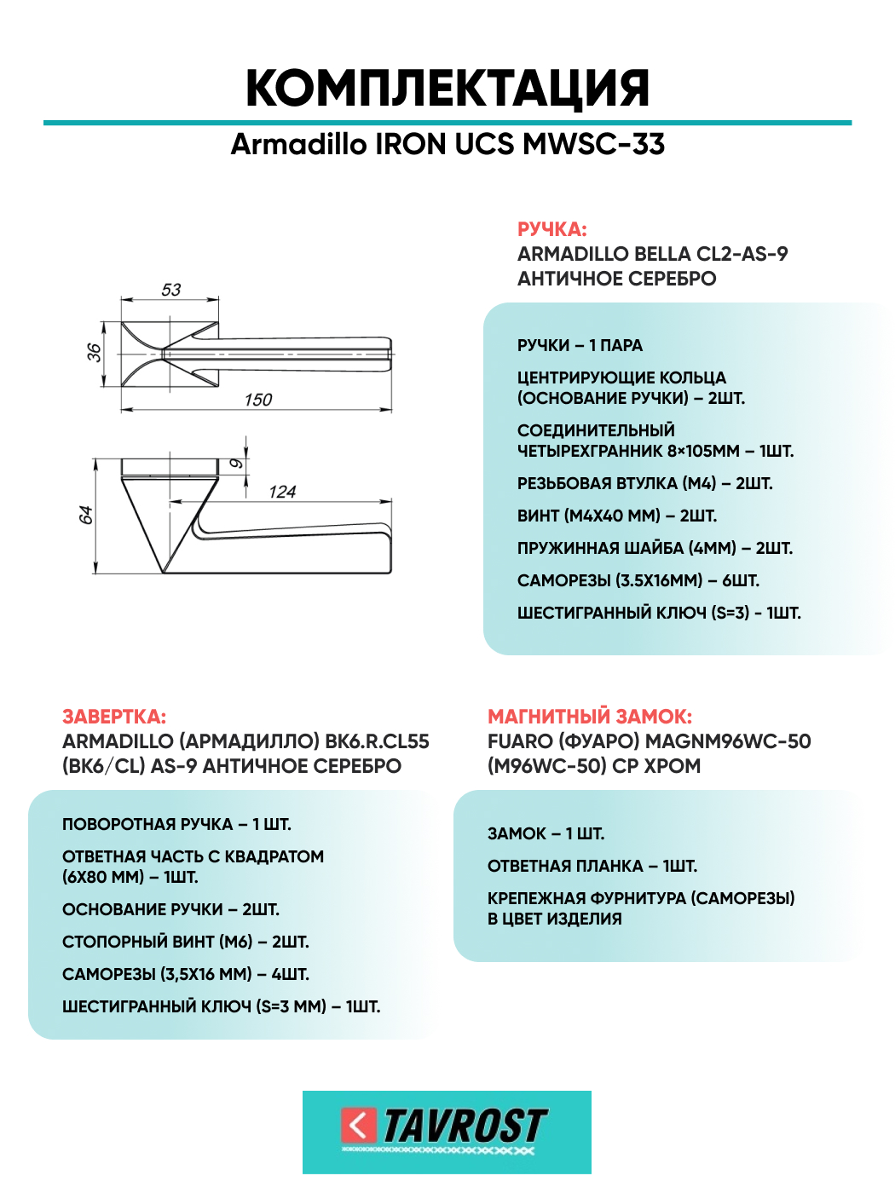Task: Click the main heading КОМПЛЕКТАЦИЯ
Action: pyautogui.click(x=447, y=88)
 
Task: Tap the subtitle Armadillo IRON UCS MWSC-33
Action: pyautogui.click(x=447, y=144)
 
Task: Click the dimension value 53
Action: pyautogui.click(x=171, y=290)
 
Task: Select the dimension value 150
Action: pyautogui.click(x=257, y=400)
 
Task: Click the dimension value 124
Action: pyautogui.click(x=282, y=492)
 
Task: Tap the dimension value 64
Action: pyautogui.click(x=85, y=516)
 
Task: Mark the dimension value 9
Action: pyautogui.click(x=236, y=464)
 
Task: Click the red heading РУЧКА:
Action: pyautogui.click(x=551, y=229)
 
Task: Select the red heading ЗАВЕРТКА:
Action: pyautogui.click(x=114, y=717)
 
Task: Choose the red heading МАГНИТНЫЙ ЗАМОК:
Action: pyautogui.click(x=590, y=717)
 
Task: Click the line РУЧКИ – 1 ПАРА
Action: pyautogui.click(x=580, y=345)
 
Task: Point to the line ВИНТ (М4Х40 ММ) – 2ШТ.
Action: pyautogui.click(x=617, y=516)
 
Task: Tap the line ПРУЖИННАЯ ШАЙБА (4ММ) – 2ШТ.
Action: pyautogui.click(x=655, y=548)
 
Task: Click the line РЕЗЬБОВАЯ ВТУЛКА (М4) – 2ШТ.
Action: pyautogui.click(x=644, y=483)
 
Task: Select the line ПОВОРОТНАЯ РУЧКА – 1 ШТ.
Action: pyautogui.click(x=176, y=824)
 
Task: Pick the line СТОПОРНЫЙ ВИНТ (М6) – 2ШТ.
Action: pyautogui.click(x=186, y=942)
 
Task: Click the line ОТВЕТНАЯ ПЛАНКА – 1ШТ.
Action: pyautogui.click(x=592, y=866)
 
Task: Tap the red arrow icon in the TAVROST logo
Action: pyautogui.click(x=358, y=1125)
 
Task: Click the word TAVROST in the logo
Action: pyautogui.click(x=465, y=1126)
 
